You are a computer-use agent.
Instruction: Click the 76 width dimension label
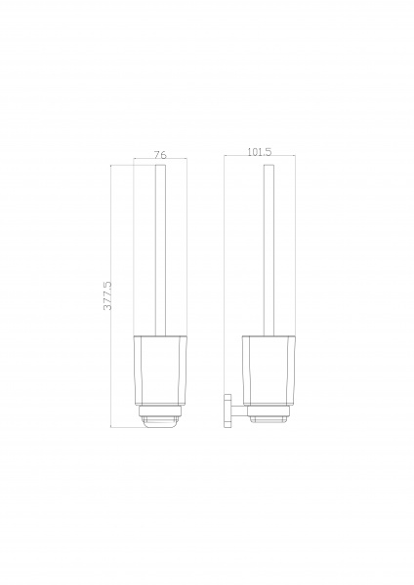pyautogui.click(x=160, y=154)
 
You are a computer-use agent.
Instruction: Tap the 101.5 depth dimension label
pyautogui.click(x=260, y=152)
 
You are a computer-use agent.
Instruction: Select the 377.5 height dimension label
pyautogui.click(x=107, y=295)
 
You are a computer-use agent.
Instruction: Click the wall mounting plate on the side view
pyautogui.click(x=227, y=410)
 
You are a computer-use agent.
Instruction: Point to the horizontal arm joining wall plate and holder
pyautogui.click(x=238, y=410)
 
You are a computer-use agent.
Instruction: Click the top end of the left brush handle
pyautogui.click(x=160, y=165)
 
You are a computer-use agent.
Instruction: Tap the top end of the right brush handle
pyautogui.click(x=269, y=165)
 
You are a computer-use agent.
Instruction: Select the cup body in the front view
pyautogui.click(x=160, y=370)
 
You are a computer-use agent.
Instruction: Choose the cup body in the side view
pyautogui.click(x=269, y=370)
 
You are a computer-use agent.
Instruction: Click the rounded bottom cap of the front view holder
pyautogui.click(x=160, y=422)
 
